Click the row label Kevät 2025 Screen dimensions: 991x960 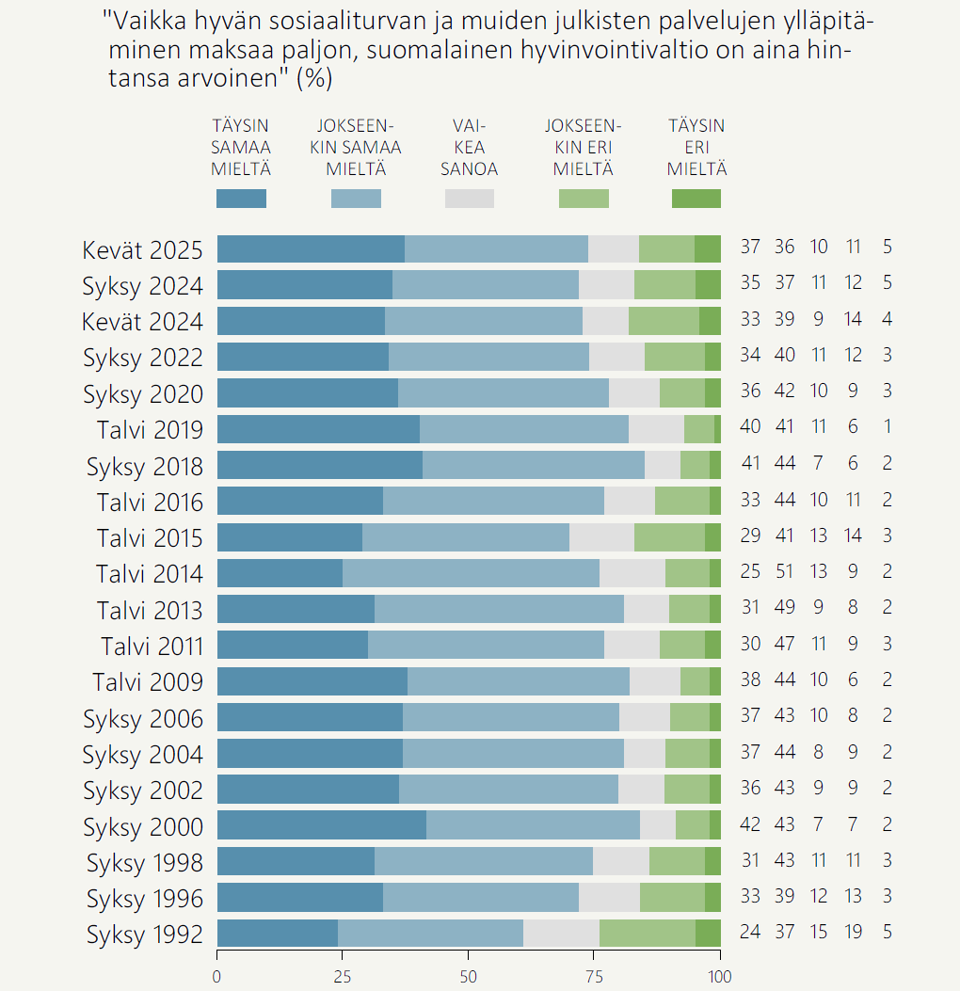click(142, 249)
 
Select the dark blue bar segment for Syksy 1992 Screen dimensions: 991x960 click(277, 934)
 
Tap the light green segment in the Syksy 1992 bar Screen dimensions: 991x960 click(647, 934)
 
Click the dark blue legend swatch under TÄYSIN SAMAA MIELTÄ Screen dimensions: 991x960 click(241, 199)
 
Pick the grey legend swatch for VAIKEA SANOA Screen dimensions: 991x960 click(469, 199)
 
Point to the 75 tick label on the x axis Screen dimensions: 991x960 click(594, 977)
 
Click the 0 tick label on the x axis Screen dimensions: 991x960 click(217, 977)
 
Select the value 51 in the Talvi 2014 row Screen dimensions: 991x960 click(784, 571)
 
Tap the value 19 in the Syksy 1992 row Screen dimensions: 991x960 click(853, 933)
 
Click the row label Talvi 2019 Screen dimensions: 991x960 click(149, 430)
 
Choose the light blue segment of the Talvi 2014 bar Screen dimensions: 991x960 click(471, 572)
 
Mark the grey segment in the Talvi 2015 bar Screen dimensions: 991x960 click(601, 536)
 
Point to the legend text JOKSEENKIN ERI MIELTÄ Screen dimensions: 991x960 click(584, 148)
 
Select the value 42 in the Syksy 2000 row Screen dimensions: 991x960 click(750, 824)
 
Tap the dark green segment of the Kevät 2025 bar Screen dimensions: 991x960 click(707, 248)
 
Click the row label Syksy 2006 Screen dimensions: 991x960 click(142, 719)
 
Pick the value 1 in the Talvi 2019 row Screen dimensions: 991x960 click(887, 427)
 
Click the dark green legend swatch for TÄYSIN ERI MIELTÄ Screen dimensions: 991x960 click(696, 199)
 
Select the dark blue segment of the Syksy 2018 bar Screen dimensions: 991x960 click(319, 464)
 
